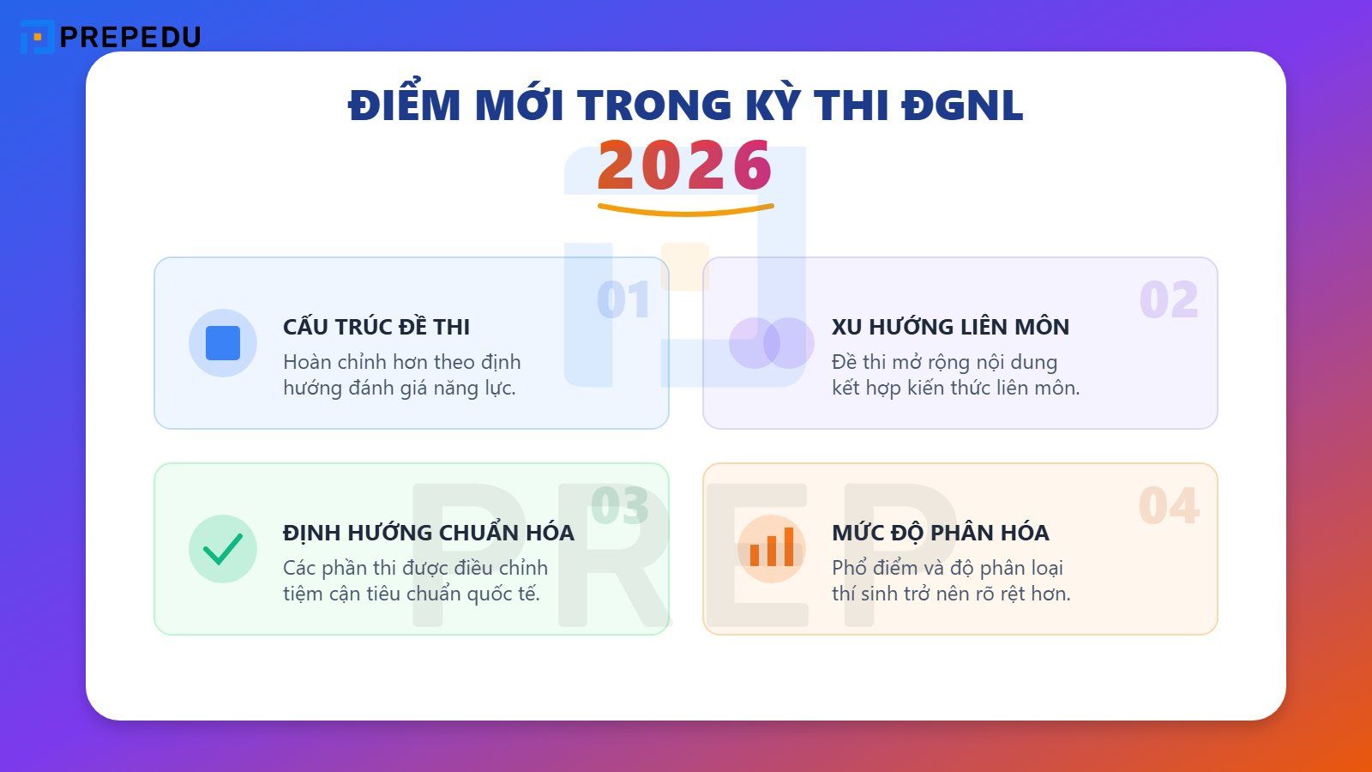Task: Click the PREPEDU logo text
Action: tap(129, 37)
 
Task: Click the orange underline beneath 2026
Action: tap(685, 209)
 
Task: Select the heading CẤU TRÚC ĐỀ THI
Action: tap(376, 327)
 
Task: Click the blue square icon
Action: tap(223, 343)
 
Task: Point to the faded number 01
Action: tap(623, 300)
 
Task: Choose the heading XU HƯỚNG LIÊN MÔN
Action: tap(950, 327)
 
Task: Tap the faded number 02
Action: tap(1168, 300)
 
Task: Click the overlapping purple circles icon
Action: tap(771, 343)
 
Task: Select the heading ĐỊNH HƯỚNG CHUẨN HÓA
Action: tap(428, 533)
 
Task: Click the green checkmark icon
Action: tap(223, 549)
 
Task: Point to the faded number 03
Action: tap(619, 506)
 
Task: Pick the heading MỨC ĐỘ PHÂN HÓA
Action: tap(940, 533)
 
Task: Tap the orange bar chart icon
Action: tap(772, 549)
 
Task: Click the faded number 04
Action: tap(1168, 506)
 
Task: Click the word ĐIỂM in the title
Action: tap(404, 106)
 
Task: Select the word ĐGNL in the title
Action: tap(962, 106)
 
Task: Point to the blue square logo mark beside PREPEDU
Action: tap(37, 37)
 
